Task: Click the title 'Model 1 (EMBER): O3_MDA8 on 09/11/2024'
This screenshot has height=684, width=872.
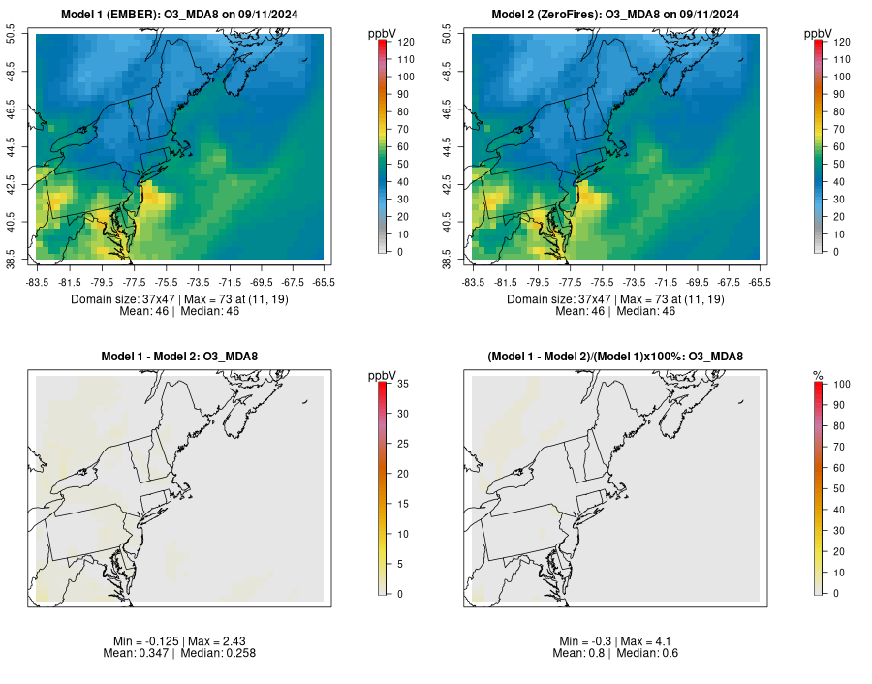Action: point(179,15)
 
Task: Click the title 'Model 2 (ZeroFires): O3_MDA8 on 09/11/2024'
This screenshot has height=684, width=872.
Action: point(615,15)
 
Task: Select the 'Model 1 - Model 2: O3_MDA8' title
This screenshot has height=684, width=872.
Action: point(179,357)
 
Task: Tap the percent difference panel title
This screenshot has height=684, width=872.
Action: point(615,357)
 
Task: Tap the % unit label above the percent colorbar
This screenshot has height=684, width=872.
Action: point(818,375)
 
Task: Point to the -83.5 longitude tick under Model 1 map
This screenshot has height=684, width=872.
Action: point(38,282)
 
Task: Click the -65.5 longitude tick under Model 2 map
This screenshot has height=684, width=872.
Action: point(760,282)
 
